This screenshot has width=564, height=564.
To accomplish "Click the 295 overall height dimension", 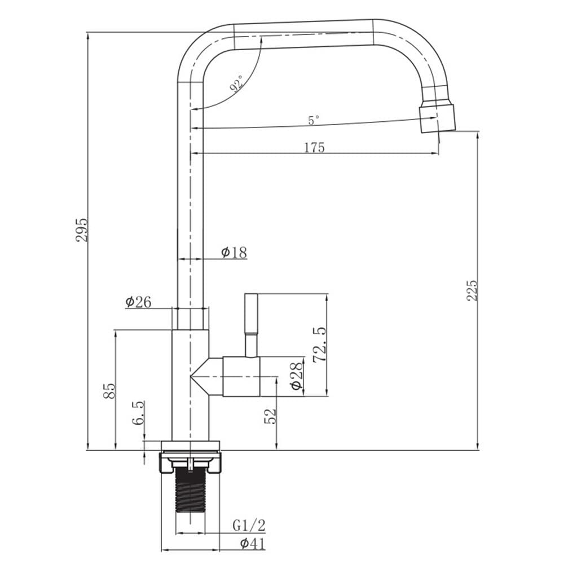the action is (x=82, y=230).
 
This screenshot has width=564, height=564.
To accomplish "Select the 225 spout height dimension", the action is (x=472, y=290).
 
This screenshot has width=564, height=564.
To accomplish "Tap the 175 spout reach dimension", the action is (x=315, y=147).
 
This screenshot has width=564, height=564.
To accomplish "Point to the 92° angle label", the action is (x=236, y=84).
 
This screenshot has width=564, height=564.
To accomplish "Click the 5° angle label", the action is (x=314, y=120).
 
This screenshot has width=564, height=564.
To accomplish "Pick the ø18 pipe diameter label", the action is (x=234, y=253).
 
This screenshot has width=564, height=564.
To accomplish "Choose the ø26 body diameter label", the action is (x=139, y=302).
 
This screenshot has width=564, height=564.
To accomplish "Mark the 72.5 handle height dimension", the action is (x=319, y=345).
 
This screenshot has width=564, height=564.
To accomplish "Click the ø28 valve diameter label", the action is (x=297, y=376).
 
